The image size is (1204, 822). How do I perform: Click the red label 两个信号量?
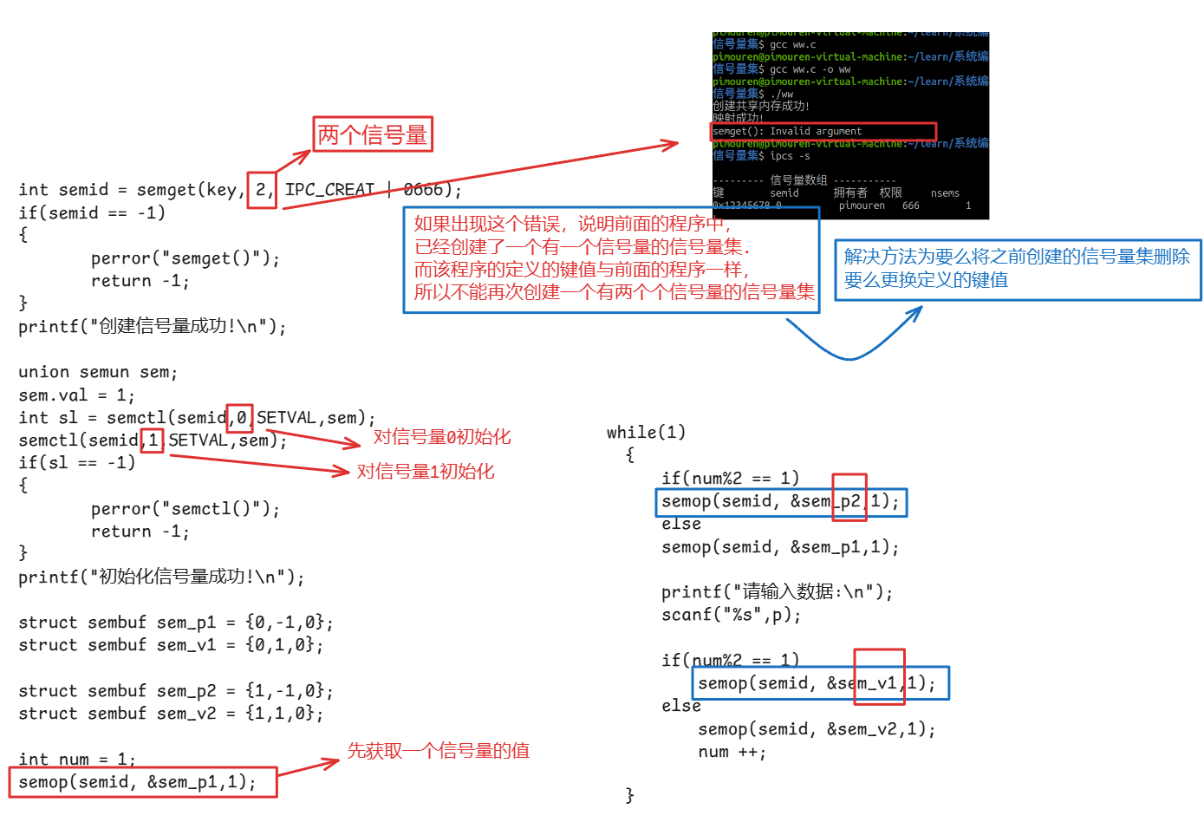[373, 135]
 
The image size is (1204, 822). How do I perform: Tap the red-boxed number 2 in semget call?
[261, 190]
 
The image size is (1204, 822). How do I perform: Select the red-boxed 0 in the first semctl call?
[240, 418]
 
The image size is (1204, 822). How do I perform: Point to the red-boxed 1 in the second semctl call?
[153, 440]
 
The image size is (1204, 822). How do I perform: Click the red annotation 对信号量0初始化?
[442, 437]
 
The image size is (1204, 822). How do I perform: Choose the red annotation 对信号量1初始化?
[426, 472]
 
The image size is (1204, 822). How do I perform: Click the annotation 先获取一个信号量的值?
[439, 751]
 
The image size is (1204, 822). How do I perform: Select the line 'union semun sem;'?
[98, 372]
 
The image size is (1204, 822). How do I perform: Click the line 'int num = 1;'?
[77, 760]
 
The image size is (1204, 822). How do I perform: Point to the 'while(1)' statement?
[646, 432]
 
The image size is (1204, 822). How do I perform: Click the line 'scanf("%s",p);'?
[731, 615]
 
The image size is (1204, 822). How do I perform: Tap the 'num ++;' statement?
[732, 752]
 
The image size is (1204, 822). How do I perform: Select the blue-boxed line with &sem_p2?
[780, 501]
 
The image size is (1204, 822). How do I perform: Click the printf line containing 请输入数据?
[777, 592]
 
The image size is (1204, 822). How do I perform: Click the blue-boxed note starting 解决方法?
[1017, 269]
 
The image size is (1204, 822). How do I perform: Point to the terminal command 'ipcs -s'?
[790, 156]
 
